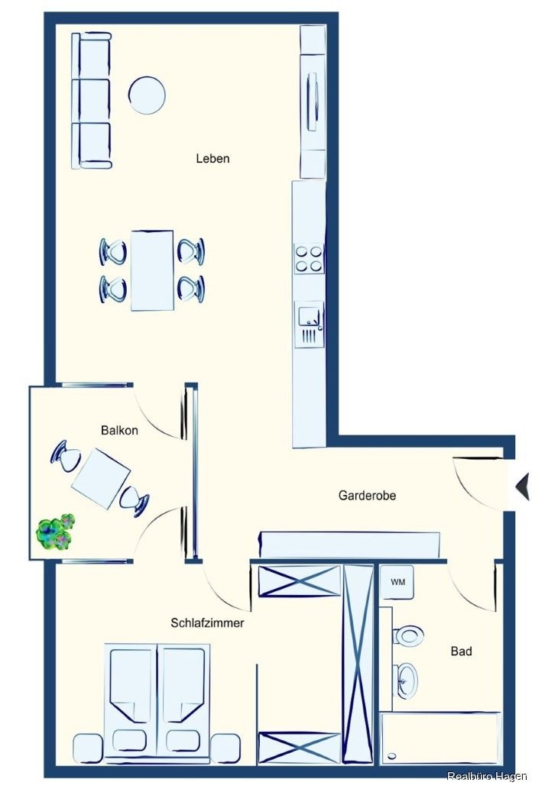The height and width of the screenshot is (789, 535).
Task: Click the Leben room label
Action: click(x=212, y=159)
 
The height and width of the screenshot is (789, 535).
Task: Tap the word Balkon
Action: click(x=119, y=430)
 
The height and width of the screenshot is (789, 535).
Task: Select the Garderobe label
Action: click(x=367, y=496)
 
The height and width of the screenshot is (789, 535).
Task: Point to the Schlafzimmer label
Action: click(x=207, y=623)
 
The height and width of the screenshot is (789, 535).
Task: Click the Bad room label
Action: click(x=461, y=652)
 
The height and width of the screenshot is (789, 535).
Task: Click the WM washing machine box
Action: click(x=397, y=582)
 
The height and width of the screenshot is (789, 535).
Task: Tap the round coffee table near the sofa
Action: click(x=147, y=95)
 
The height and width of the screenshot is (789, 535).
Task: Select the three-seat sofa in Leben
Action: click(x=92, y=99)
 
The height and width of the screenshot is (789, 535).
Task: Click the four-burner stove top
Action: click(x=309, y=258)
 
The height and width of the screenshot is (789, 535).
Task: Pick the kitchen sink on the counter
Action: click(x=309, y=325)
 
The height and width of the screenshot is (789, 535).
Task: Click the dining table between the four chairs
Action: click(x=152, y=270)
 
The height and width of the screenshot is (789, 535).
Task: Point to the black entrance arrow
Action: click(x=523, y=487)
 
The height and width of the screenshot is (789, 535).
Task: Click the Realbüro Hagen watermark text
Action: click(x=487, y=777)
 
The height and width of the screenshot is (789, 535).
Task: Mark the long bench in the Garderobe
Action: click(x=349, y=545)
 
